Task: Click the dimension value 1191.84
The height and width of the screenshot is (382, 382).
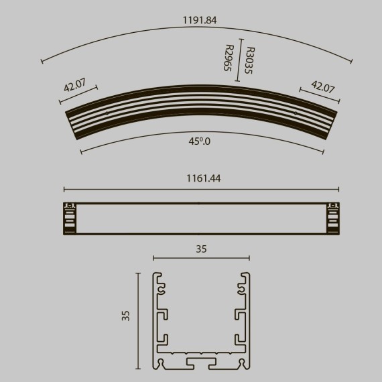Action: coord(200,20)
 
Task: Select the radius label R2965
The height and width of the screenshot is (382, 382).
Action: coord(229,58)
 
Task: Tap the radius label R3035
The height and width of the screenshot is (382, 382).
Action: coord(249,60)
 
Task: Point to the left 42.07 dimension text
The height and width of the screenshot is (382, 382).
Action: coord(75,86)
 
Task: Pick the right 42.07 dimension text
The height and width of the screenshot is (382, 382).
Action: coord(323,87)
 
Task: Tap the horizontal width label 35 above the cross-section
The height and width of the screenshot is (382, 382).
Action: coord(201,249)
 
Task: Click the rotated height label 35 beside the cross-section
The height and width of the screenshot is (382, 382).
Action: coord(126,316)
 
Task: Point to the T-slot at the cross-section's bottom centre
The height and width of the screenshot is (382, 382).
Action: coord(201,363)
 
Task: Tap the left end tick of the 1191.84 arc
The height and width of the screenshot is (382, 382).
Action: coord(42,62)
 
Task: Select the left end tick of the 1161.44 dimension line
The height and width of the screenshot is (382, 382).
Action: coord(64,189)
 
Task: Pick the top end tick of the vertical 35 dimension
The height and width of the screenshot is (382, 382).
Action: coord(138,273)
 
